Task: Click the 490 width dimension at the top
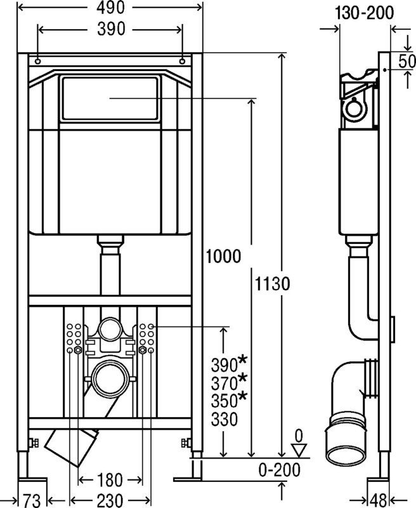110,8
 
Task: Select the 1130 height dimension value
273,284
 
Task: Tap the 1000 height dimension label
223,257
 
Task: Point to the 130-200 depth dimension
364,13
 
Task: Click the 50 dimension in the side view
406,61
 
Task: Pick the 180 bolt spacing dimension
110,480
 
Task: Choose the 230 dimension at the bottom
110,500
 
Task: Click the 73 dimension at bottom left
32,500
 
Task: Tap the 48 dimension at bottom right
379,500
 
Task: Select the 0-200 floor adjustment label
280,470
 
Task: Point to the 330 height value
224,419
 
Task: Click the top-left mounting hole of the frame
38,61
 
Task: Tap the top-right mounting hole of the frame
182,61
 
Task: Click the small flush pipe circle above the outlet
110,330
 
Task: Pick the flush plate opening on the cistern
110,98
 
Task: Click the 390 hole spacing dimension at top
111,29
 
